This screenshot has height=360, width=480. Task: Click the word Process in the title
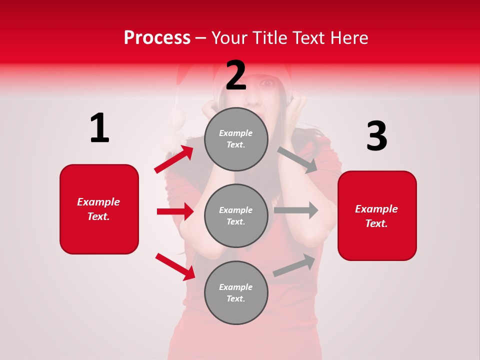pyautogui.click(x=157, y=37)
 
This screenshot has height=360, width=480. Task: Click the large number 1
pyautogui.click(x=99, y=128)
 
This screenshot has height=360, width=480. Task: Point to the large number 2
pyautogui.click(x=236, y=75)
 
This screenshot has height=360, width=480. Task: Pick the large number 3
pyautogui.click(x=376, y=136)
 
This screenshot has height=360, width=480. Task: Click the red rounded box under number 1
pyautogui.click(x=99, y=209)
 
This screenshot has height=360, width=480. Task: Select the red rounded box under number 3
pyautogui.click(x=377, y=216)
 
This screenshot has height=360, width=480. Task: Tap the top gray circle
pyautogui.click(x=236, y=139)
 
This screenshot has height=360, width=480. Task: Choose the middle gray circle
pyautogui.click(x=236, y=215)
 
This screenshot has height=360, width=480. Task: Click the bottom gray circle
pyautogui.click(x=236, y=292)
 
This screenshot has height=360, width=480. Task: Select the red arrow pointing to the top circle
pyautogui.click(x=174, y=159)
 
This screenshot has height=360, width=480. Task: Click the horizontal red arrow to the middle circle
pyautogui.click(x=175, y=211)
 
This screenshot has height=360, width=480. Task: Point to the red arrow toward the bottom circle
pyautogui.click(x=175, y=266)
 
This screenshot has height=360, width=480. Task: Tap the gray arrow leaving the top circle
pyautogui.click(x=298, y=159)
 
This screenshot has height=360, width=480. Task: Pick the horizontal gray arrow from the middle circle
pyautogui.click(x=295, y=210)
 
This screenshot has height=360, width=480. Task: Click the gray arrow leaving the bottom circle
pyautogui.click(x=294, y=265)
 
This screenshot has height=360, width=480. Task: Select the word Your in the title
pyautogui.click(x=230, y=37)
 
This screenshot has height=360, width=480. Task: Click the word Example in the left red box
pyautogui.click(x=98, y=202)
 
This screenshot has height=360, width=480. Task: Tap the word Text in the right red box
pyautogui.click(x=375, y=223)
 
